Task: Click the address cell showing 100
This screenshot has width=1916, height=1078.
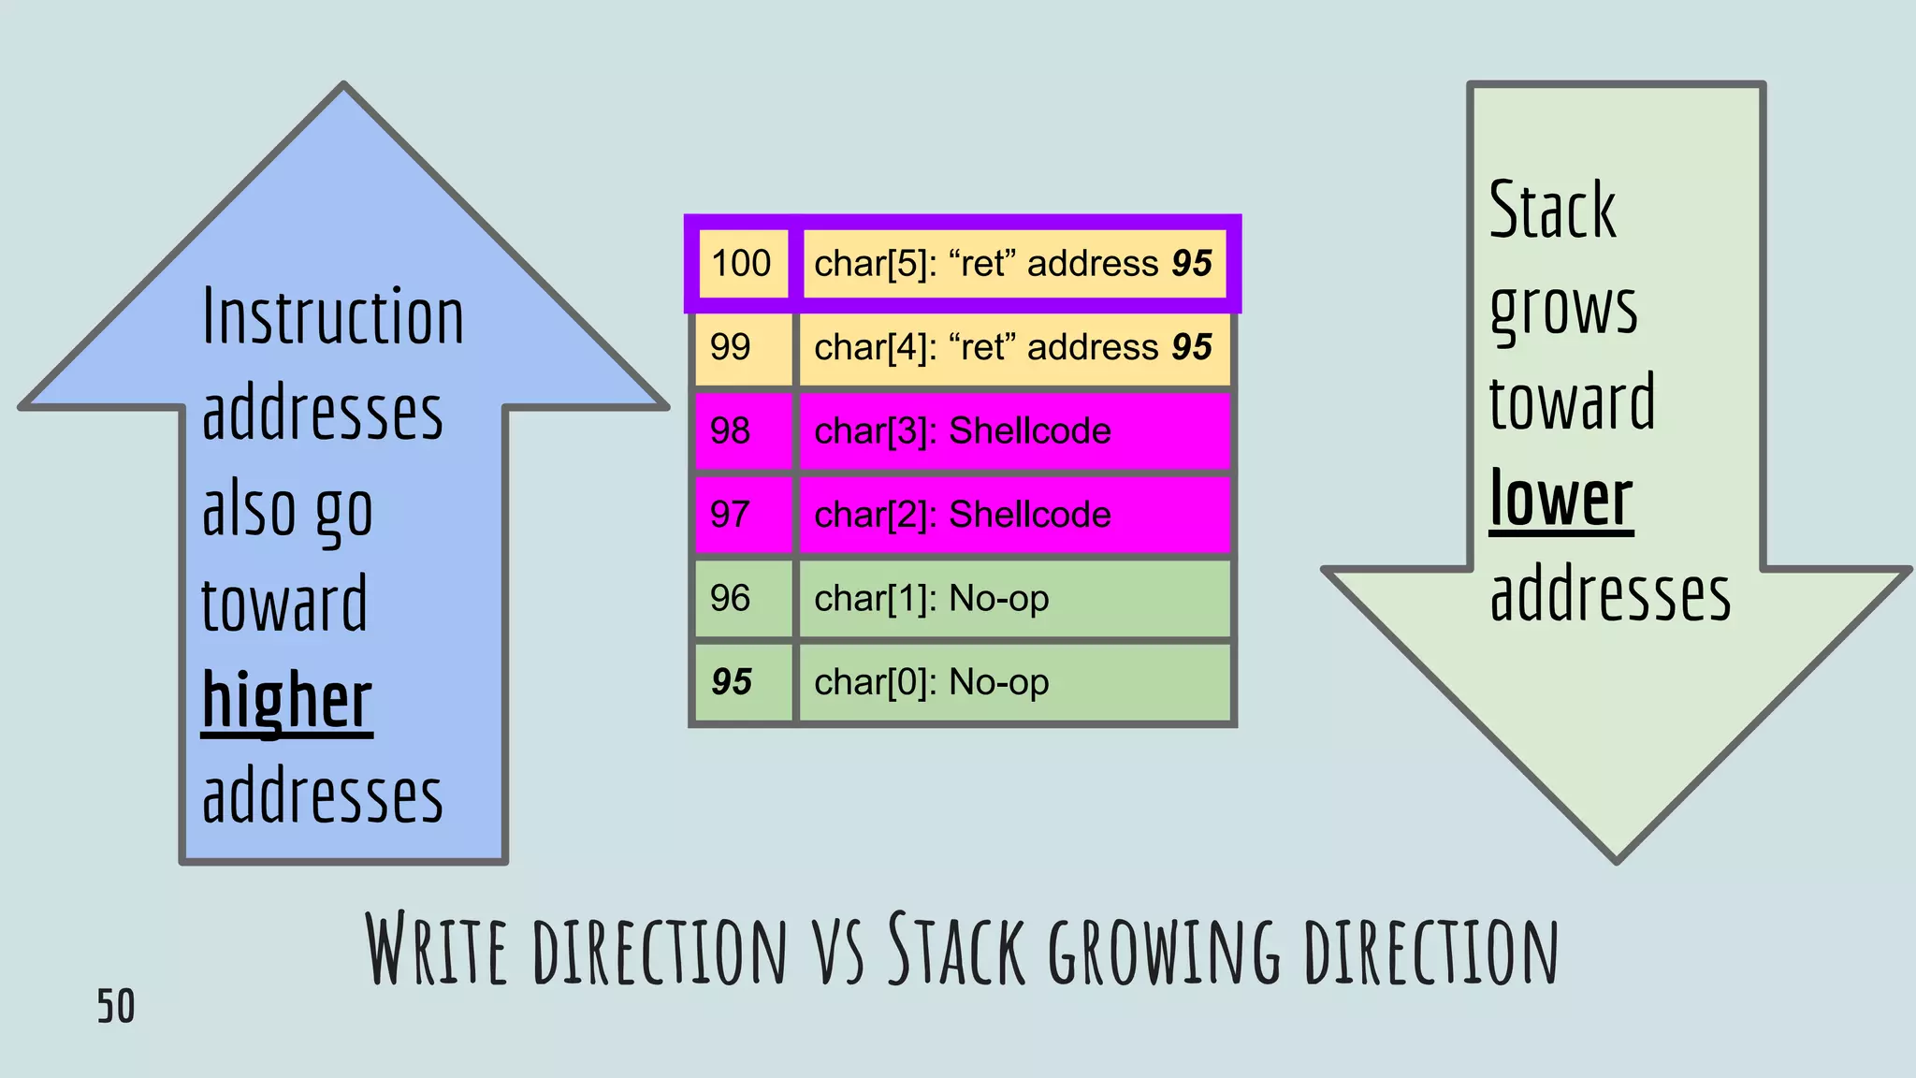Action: pos(742,264)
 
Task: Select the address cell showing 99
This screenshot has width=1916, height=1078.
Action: pos(731,347)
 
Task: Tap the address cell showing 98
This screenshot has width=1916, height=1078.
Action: pos(731,430)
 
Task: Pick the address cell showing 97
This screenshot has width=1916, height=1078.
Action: pos(731,515)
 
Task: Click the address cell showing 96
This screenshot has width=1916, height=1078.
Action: pos(731,598)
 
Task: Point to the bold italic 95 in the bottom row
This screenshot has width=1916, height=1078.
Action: pos(732,682)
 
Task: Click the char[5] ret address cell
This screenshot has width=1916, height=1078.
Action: pos(1013,264)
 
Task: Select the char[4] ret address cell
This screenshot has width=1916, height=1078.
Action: pos(1013,347)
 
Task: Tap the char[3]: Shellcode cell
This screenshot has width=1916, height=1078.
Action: pos(1013,430)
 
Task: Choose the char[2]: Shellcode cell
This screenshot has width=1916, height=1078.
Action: pos(1013,515)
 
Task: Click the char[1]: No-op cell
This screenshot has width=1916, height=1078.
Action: pos(1013,598)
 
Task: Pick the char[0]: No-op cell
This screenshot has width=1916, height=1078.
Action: pos(1013,682)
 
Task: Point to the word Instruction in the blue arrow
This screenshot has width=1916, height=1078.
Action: pos(333,318)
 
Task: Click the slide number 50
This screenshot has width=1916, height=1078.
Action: pos(116,1007)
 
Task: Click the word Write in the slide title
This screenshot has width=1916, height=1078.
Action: pos(436,949)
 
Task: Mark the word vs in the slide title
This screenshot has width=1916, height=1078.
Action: pos(838,953)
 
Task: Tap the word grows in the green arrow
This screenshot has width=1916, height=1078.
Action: pos(1563,309)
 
